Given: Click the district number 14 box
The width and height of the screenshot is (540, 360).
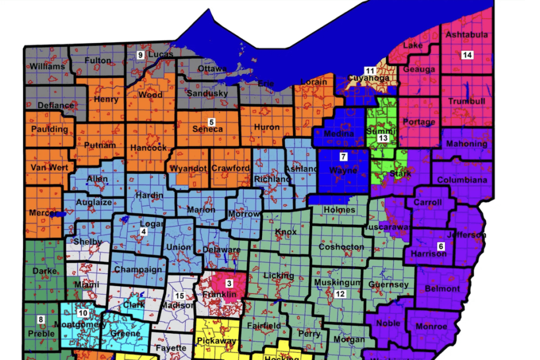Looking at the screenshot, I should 467,55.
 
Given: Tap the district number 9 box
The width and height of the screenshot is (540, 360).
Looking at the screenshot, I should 141,54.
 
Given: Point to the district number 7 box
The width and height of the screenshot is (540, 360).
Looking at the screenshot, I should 343,156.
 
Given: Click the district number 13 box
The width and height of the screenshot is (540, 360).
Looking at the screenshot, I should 383,138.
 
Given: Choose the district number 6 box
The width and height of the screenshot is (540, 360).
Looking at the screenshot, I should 440,246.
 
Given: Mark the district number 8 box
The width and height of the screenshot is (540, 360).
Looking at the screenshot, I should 40,318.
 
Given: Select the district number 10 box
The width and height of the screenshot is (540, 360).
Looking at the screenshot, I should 82,313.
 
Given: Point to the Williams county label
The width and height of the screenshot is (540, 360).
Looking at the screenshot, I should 47,66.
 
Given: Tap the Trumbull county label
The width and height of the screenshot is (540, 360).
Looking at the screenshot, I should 467,101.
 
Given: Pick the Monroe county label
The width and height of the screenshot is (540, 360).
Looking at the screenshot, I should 431,326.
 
